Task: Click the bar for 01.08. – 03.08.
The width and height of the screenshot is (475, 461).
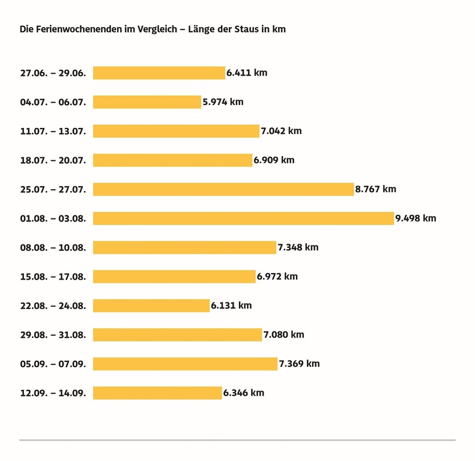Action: click(243, 218)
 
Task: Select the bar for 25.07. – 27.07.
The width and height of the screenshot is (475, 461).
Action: click(223, 189)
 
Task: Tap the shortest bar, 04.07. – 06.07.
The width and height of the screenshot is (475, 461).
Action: click(147, 102)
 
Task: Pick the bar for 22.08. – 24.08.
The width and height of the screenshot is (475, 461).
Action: click(151, 306)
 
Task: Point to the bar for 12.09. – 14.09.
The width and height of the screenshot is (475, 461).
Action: click(157, 393)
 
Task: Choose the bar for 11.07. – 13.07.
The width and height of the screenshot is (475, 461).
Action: click(176, 131)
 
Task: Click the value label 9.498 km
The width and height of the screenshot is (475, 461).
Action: click(416, 218)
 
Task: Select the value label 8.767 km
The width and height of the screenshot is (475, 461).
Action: click(376, 189)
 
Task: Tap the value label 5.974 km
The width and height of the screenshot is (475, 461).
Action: click(223, 102)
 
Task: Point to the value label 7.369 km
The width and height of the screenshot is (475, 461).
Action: click(300, 364)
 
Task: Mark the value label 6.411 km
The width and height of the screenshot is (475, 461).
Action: click(247, 73)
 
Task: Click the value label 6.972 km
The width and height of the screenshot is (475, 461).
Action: click(277, 277)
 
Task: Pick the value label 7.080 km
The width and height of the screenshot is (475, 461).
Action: click(284, 335)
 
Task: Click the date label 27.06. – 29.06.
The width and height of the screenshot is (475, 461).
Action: click(53, 73)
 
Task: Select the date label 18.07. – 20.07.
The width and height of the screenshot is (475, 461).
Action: click(53, 161)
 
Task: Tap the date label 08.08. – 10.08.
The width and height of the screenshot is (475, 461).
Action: click(53, 248)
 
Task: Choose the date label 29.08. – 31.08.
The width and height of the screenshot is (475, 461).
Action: click(53, 335)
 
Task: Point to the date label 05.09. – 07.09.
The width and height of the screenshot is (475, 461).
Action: click(53, 364)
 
